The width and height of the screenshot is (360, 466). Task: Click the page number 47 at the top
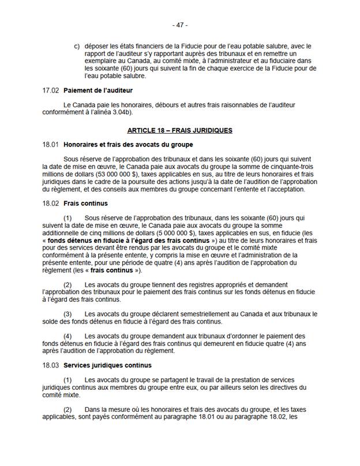180,25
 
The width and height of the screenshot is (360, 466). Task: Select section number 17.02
51,91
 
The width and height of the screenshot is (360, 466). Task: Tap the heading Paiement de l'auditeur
98,91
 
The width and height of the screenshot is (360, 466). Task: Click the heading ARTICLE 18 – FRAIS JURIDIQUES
180,130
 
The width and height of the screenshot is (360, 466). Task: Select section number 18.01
51,144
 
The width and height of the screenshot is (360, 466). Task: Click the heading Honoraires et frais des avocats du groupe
128,144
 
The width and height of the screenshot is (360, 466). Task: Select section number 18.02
51,204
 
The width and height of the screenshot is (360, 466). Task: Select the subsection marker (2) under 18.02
67,285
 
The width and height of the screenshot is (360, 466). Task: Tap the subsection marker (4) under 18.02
67,336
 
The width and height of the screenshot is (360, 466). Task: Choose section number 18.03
51,365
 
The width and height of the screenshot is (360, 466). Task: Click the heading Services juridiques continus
107,365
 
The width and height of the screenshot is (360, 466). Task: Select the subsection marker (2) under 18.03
67,409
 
